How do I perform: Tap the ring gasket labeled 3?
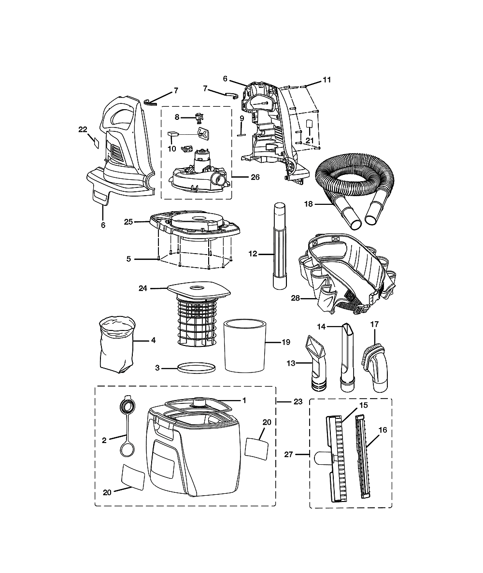pyautogui.click(x=196, y=368)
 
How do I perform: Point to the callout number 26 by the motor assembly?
pyautogui.click(x=255, y=177)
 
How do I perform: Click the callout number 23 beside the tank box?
pyautogui.click(x=298, y=401)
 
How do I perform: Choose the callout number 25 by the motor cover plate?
pyautogui.click(x=128, y=222)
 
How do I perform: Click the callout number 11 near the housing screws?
pyautogui.click(x=327, y=80)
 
